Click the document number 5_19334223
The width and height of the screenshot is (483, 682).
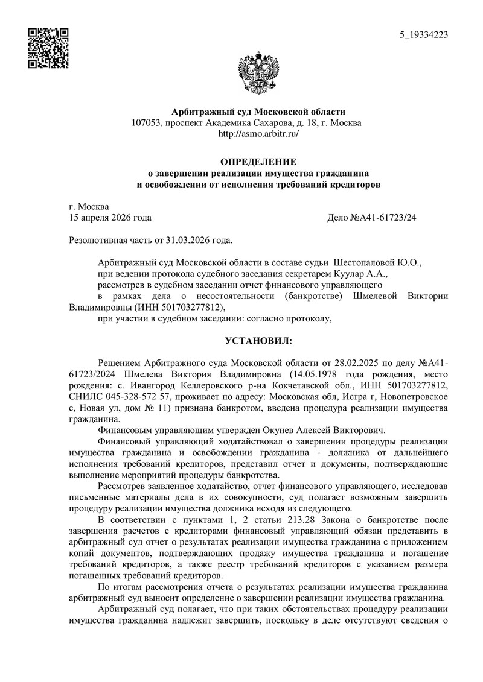pos(424,35)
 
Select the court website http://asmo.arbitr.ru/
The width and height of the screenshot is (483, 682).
pos(258,134)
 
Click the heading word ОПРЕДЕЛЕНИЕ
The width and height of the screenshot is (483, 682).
pos(258,162)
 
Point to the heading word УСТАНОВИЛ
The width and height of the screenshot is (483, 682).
pos(258,341)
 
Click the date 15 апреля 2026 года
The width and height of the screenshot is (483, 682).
pos(111,217)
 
